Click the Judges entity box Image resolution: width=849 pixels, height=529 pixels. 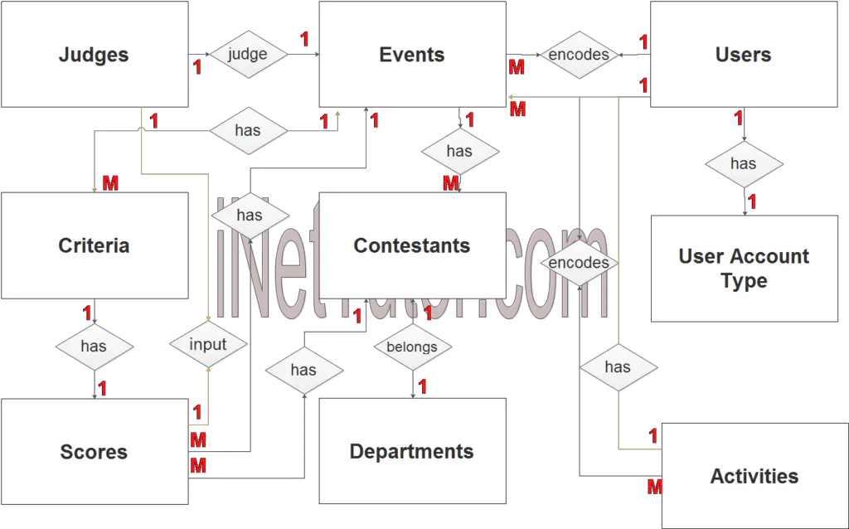click(x=95, y=55)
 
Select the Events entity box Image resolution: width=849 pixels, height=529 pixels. click(x=412, y=55)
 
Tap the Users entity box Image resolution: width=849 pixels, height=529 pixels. click(x=743, y=55)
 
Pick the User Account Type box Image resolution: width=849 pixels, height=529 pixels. click(x=743, y=269)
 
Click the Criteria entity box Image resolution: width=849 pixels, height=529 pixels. click(x=95, y=245)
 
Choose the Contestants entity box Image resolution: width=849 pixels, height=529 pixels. click(x=412, y=245)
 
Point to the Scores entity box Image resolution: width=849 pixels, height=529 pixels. click(x=95, y=452)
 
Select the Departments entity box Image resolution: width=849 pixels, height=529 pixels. click(x=412, y=452)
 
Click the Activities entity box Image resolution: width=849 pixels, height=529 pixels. click(x=754, y=476)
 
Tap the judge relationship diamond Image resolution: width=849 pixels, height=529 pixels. click(x=247, y=55)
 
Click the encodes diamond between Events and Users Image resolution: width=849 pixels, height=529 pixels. click(x=579, y=56)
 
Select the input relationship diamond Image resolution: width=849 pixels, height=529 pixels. click(x=207, y=344)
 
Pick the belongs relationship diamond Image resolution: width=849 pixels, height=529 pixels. click(x=412, y=347)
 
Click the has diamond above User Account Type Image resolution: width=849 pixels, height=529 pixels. click(x=743, y=164)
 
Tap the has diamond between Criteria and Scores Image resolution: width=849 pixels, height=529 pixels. click(x=94, y=346)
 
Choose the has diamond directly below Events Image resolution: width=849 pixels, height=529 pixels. click(x=459, y=152)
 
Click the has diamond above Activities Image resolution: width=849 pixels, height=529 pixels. click(x=618, y=367)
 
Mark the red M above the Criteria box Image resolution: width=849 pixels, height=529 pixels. click(x=110, y=184)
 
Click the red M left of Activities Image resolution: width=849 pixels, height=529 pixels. click(x=654, y=487)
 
